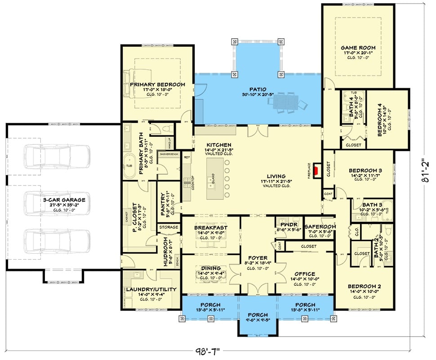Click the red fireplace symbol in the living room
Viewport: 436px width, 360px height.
pos(317,171)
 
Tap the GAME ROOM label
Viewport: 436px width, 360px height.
pos(358,48)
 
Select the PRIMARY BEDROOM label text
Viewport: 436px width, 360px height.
pos(157,84)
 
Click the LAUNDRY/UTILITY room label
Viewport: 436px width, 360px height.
pos(151,289)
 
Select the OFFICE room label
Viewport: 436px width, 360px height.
pos(305,274)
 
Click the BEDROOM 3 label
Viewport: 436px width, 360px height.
pos(365,171)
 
